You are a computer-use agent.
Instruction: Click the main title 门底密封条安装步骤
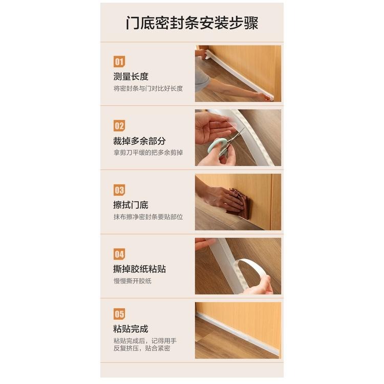pyautogui.click(x=192, y=24)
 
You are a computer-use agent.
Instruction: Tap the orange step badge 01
pyautogui.click(x=119, y=61)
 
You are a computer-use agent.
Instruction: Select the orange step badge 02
pyautogui.click(x=119, y=126)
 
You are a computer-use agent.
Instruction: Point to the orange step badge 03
pyautogui.click(x=119, y=190)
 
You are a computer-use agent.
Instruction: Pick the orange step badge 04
pyautogui.click(x=119, y=254)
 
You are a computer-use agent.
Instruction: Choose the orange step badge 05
pyautogui.click(x=119, y=314)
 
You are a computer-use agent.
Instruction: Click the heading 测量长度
pyautogui.click(x=131, y=77)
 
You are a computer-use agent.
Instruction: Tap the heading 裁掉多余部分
pyautogui.click(x=139, y=141)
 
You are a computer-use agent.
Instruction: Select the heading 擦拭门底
pyautogui.click(x=131, y=205)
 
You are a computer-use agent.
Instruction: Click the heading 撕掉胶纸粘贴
pyautogui.click(x=139, y=269)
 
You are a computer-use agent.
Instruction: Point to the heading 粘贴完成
pyautogui.click(x=131, y=329)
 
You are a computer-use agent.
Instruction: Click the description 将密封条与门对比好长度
pyautogui.click(x=148, y=88)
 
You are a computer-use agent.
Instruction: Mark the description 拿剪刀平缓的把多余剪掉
pyautogui.click(x=148, y=153)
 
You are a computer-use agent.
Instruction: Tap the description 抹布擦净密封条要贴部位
pyautogui.click(x=148, y=217)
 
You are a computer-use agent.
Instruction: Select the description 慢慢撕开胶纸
pyautogui.click(x=132, y=281)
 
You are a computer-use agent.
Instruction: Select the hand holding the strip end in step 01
pyautogui.click(x=263, y=95)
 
